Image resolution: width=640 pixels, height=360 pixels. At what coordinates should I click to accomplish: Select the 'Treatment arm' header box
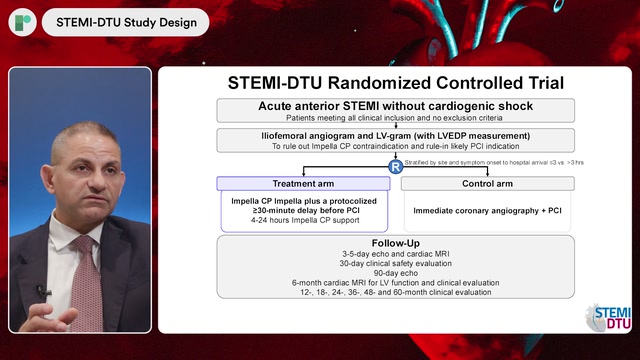point(303,184)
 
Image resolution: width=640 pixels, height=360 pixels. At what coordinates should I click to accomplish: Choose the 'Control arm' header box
point(487,184)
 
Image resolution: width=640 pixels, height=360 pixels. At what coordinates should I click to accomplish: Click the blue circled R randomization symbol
point(395,165)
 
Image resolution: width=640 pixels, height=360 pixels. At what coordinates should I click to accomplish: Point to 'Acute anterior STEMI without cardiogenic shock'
point(396,105)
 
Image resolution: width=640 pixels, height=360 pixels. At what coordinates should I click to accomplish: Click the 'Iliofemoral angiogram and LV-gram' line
point(396,134)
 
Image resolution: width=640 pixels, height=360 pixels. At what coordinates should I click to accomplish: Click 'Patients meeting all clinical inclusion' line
point(396,117)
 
